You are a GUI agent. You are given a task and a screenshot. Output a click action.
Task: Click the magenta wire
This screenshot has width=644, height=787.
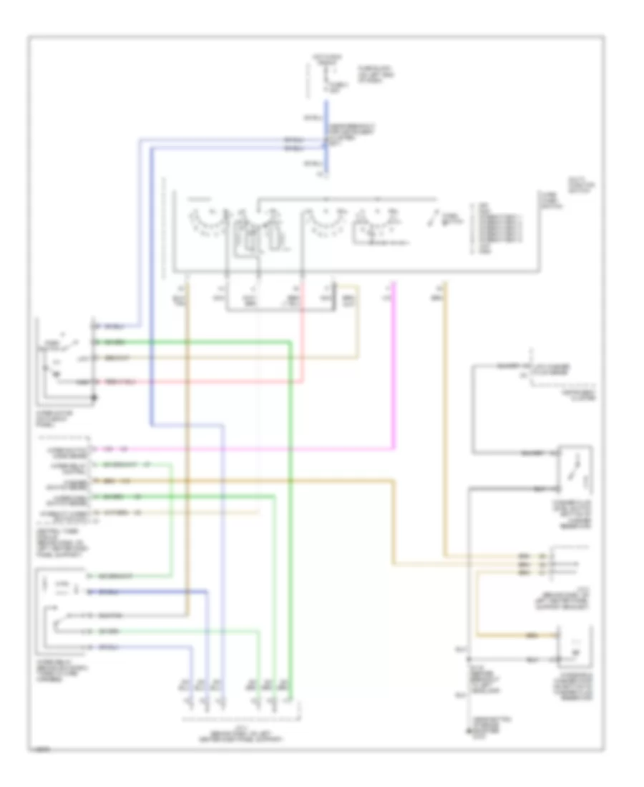pos(286,449)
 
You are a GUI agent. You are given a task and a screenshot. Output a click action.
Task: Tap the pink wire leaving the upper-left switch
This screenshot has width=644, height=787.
pos(215,383)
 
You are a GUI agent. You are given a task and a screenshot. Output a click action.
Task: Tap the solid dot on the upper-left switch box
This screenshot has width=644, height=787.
pos(94,393)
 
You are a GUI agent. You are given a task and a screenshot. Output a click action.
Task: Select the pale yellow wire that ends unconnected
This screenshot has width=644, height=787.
pos(215,513)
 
